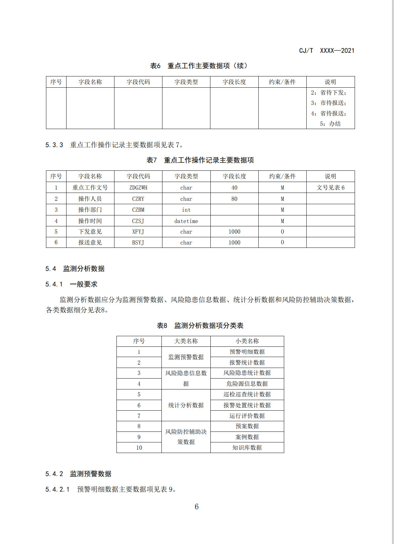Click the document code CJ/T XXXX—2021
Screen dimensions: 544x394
[x=327, y=51]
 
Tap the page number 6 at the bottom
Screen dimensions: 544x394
[x=197, y=507]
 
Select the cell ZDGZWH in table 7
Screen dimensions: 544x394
[x=138, y=188]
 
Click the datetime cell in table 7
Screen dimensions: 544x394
[x=186, y=221]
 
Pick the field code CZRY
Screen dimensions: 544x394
[x=138, y=199]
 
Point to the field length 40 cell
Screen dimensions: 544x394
[x=234, y=188]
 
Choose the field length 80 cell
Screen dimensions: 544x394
[x=234, y=199]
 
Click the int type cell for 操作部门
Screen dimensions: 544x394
[x=186, y=210]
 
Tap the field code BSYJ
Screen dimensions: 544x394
[x=138, y=243]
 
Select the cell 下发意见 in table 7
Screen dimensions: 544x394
[x=90, y=232]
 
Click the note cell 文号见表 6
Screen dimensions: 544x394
[x=330, y=188]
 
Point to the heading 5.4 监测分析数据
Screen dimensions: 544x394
[x=75, y=269]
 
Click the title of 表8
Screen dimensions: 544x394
[x=200, y=326]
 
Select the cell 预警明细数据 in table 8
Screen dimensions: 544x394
[x=247, y=352]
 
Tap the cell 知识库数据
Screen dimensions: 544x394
[x=247, y=448]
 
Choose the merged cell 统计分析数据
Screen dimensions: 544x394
[x=186, y=405]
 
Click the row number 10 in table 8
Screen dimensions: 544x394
[x=139, y=448]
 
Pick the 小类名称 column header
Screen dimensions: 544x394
[x=247, y=341]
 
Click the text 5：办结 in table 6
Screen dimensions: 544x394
[x=330, y=124]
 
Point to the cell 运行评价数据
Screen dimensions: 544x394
[x=247, y=416]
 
